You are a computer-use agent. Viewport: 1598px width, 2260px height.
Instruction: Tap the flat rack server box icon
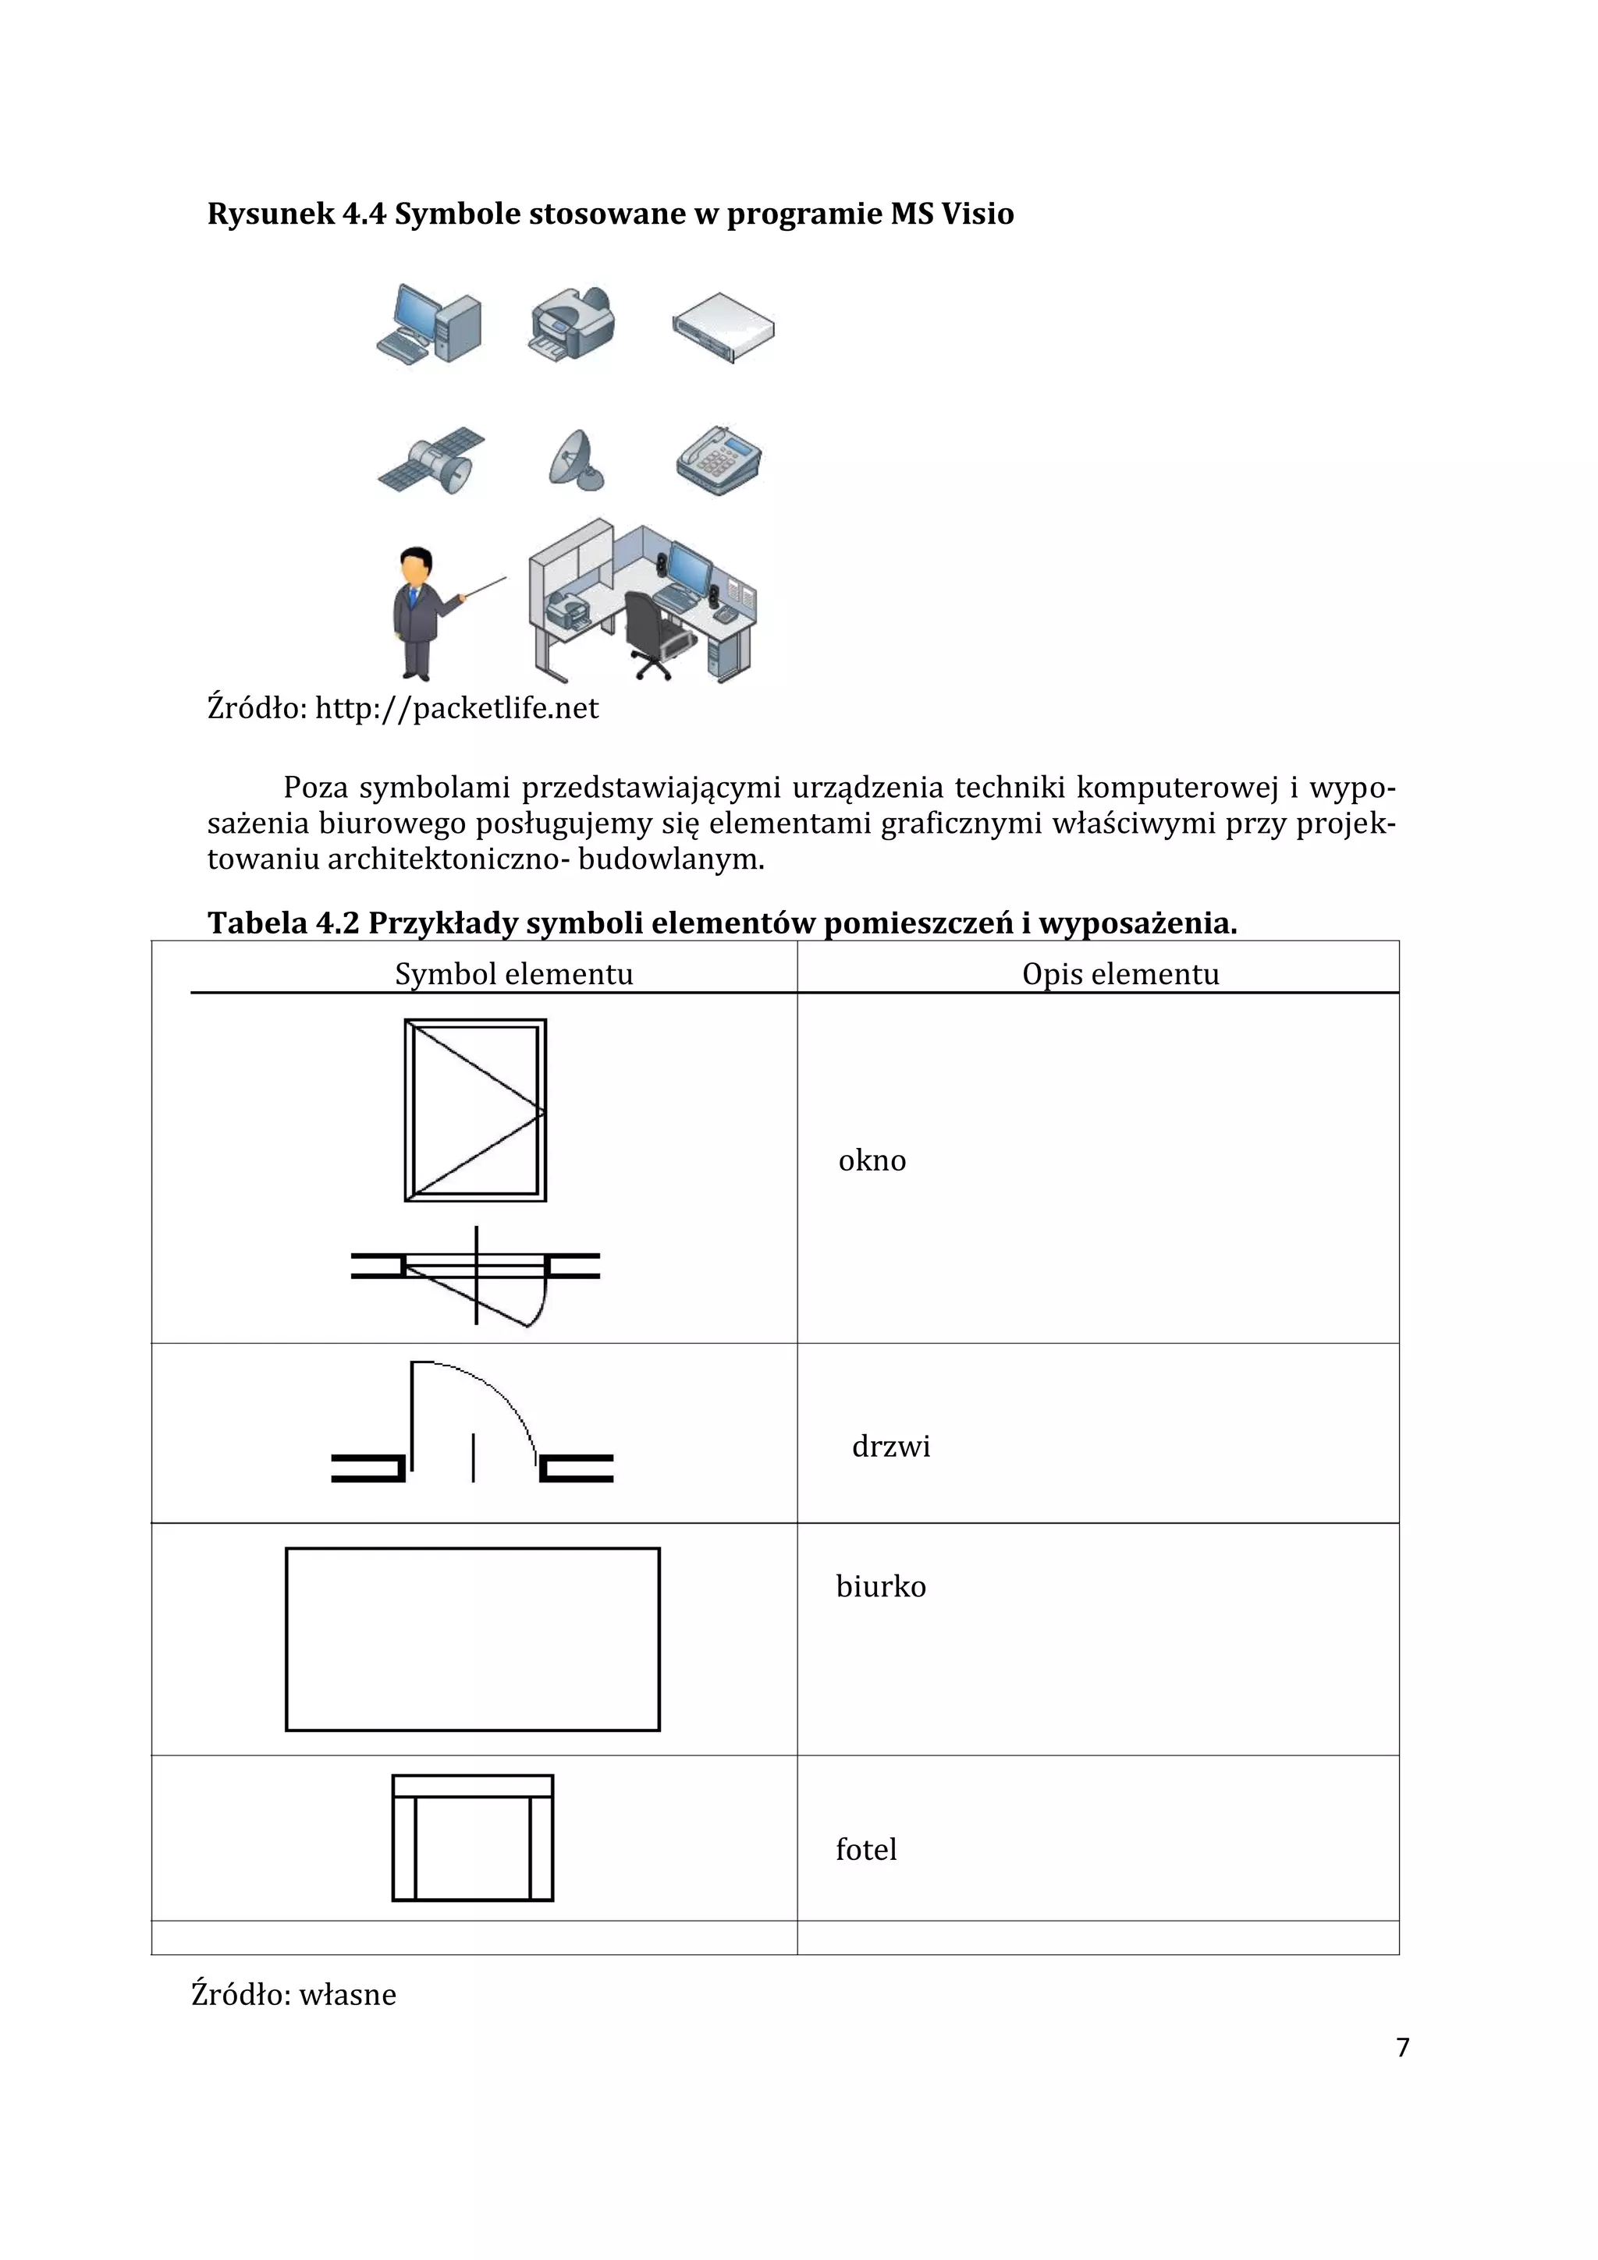(723, 328)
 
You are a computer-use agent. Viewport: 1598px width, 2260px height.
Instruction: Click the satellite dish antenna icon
(575, 461)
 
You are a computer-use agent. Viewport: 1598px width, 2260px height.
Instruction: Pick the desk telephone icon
(719, 461)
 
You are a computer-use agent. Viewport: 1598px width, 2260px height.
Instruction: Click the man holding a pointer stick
(424, 613)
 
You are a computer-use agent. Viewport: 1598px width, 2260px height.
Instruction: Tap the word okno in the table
(872, 1160)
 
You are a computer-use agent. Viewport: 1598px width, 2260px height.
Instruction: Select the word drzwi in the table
(890, 1446)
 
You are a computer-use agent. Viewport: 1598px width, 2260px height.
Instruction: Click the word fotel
(865, 1850)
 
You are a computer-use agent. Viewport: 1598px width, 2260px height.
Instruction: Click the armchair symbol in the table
(473, 1838)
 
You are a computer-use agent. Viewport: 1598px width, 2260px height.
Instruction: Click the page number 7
(1402, 2047)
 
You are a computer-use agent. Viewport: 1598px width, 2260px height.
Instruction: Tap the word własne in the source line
(346, 1994)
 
